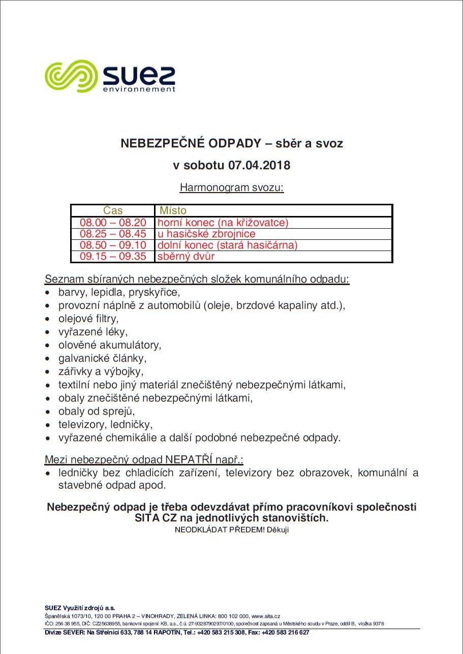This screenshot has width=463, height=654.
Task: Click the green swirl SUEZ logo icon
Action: [71, 76]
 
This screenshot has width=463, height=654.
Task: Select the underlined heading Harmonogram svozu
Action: [231, 188]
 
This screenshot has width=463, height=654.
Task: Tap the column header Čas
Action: [113, 210]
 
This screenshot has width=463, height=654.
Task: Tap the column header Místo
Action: [173, 210]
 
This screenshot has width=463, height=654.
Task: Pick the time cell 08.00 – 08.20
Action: [113, 223]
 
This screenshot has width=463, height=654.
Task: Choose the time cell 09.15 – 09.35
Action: [113, 256]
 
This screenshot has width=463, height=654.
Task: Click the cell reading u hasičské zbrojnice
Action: [206, 234]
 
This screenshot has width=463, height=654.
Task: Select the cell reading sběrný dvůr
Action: [186, 256]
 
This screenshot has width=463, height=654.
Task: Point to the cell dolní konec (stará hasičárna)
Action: [227, 245]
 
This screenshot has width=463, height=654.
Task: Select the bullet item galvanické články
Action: [102, 358]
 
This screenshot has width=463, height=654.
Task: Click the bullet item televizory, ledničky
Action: [105, 424]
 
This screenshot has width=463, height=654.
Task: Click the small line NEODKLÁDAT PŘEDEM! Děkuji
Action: [232, 530]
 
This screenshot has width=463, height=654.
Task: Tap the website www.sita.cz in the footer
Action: [266, 616]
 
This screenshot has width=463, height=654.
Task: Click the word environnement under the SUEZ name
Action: [139, 89]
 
